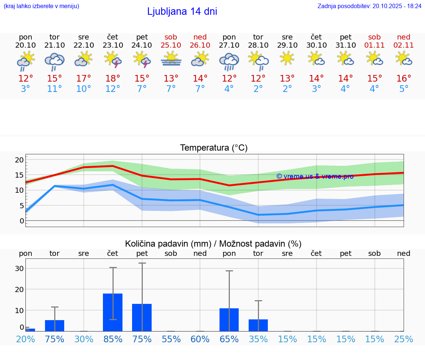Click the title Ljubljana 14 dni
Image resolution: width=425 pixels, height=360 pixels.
click(x=182, y=11)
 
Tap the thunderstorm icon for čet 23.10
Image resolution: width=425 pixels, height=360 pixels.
click(x=113, y=59)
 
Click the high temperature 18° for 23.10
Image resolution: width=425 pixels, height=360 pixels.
click(x=113, y=79)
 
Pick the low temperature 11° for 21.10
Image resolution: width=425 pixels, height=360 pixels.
click(x=55, y=89)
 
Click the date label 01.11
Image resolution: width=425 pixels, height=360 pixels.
click(x=374, y=45)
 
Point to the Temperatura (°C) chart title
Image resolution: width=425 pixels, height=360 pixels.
click(x=214, y=148)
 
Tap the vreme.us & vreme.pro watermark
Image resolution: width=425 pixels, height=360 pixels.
click(x=315, y=176)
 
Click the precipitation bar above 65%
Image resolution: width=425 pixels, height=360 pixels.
click(x=229, y=319)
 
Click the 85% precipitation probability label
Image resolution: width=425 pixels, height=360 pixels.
click(x=113, y=339)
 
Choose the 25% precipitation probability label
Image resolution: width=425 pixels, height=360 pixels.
click(x=404, y=339)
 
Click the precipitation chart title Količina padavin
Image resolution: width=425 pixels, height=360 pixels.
click(x=213, y=244)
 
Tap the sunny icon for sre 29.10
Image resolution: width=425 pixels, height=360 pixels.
click(x=287, y=58)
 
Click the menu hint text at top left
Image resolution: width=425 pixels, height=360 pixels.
click(x=41, y=6)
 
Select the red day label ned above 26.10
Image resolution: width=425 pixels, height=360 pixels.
click(x=200, y=37)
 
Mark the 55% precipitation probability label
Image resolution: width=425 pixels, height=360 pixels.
click(x=171, y=339)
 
